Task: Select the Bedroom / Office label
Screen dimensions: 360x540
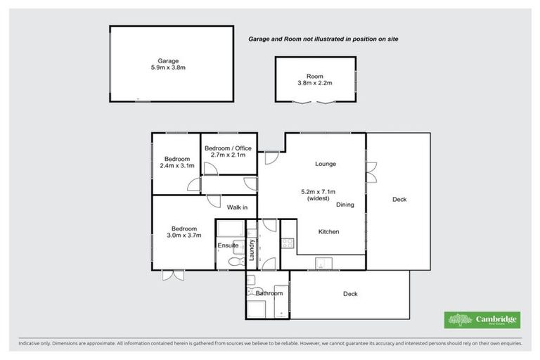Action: pyautogui.click(x=228, y=148)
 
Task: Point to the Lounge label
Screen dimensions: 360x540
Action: pyautogui.click(x=325, y=164)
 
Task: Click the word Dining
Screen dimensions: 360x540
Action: pyautogui.click(x=345, y=205)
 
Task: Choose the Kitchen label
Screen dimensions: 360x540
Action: pyautogui.click(x=329, y=231)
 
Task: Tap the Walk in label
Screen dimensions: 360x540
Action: pyautogui.click(x=236, y=207)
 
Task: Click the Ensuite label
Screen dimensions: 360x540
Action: pyautogui.click(x=226, y=245)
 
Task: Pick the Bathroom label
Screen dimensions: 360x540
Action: pyautogui.click(x=269, y=292)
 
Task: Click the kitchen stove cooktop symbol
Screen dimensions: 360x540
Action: pyautogui.click(x=287, y=243)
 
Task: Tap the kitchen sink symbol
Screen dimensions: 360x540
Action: pyautogui.click(x=321, y=264)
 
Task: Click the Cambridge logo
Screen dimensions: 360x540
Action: pyautogui.click(x=482, y=320)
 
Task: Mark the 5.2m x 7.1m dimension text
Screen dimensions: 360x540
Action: pyautogui.click(x=318, y=191)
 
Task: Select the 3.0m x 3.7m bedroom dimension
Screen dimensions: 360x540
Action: pyautogui.click(x=184, y=235)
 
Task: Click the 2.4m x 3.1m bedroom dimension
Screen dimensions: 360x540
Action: pyautogui.click(x=176, y=166)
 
